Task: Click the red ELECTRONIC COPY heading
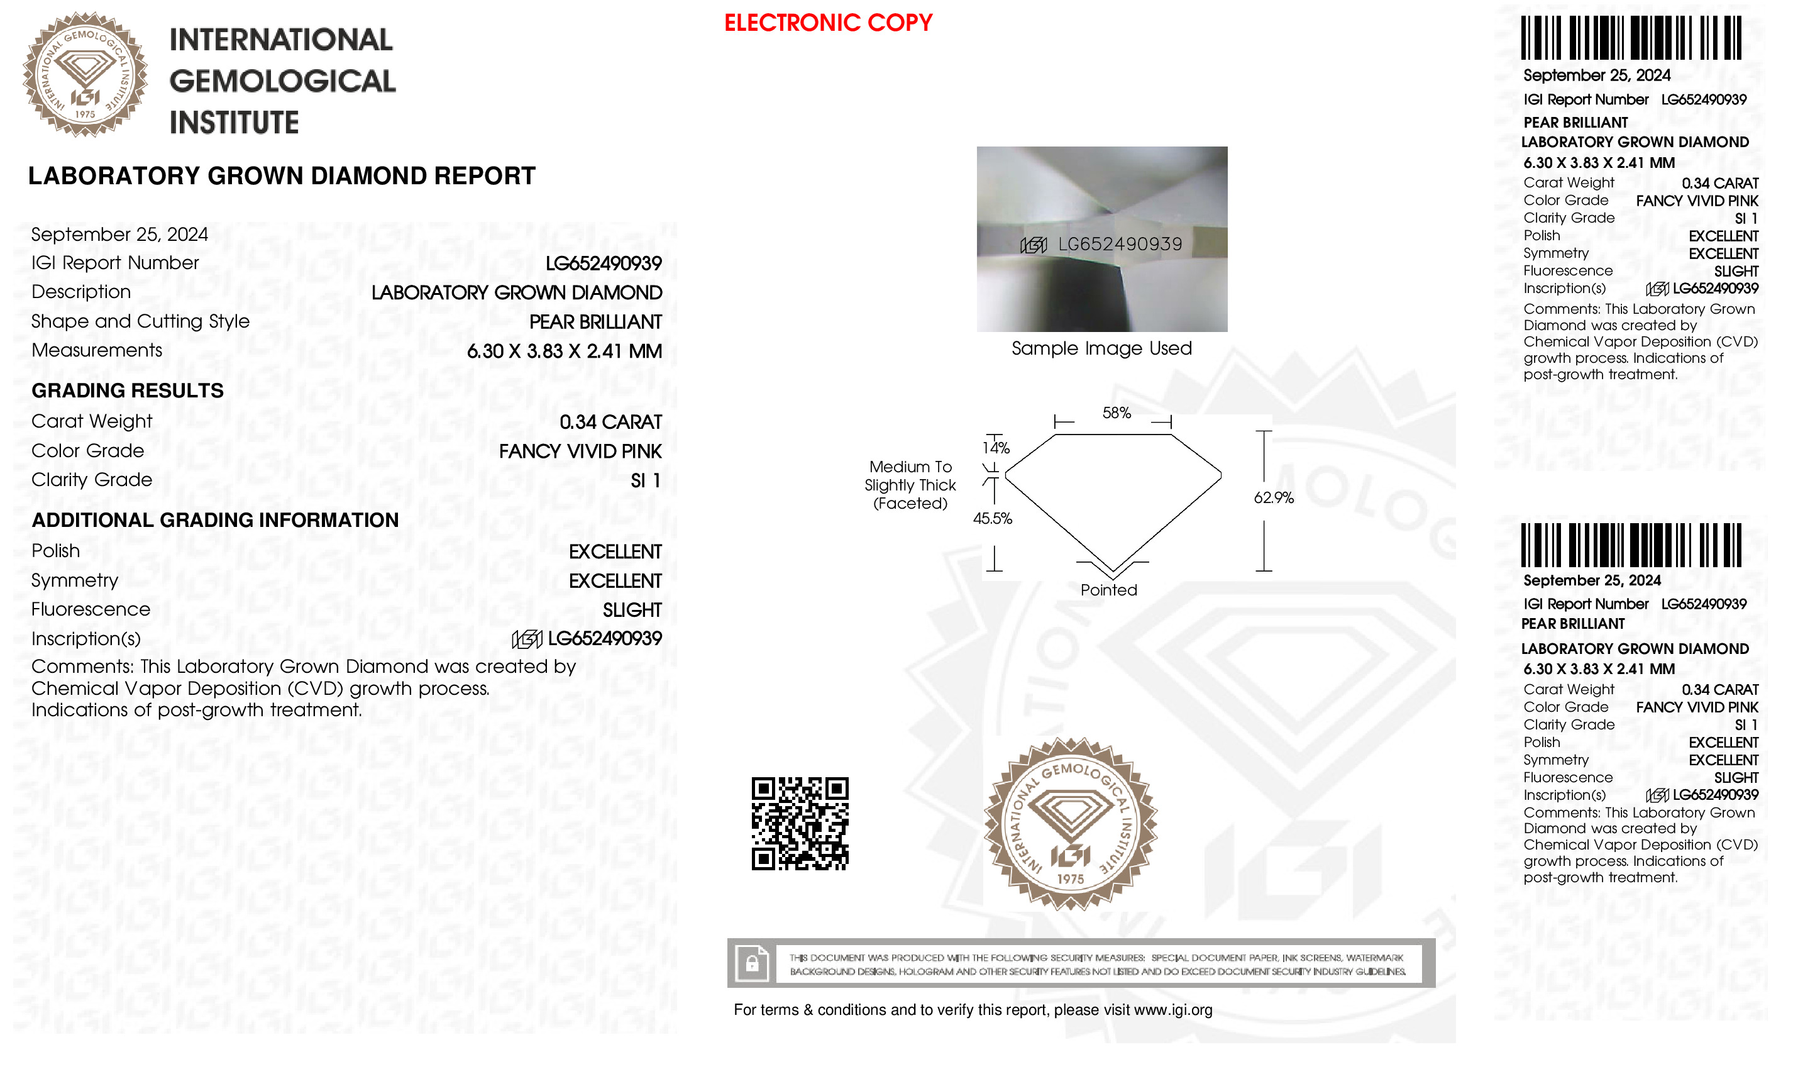(x=828, y=23)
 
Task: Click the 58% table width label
(x=1116, y=413)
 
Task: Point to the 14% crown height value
(x=996, y=448)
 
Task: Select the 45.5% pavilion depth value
(x=993, y=519)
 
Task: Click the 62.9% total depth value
(x=1273, y=498)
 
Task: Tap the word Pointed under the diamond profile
(x=1108, y=590)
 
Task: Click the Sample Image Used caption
(x=1101, y=349)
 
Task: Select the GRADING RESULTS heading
(x=128, y=391)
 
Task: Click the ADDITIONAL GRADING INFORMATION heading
(x=215, y=521)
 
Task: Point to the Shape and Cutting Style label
(x=140, y=321)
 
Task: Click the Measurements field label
(x=97, y=350)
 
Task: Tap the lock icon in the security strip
(x=752, y=964)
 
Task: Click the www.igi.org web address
(x=1172, y=1010)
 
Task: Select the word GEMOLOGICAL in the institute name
(x=282, y=81)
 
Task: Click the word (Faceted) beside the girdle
(x=910, y=504)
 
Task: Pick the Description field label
(x=81, y=292)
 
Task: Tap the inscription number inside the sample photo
(x=1120, y=245)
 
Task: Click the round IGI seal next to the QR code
(x=1070, y=824)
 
